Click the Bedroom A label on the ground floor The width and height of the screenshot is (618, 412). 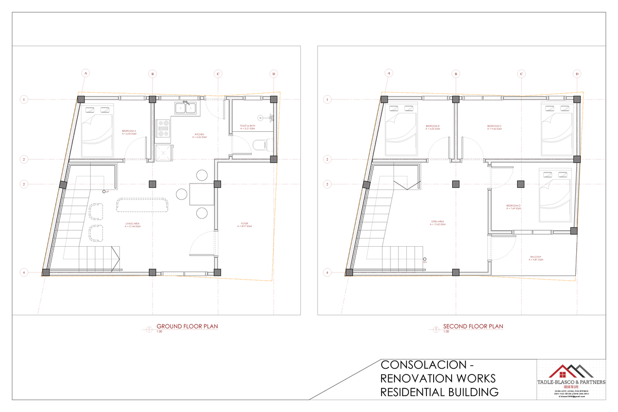tap(129, 132)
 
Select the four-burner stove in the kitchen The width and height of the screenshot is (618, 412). tap(163, 128)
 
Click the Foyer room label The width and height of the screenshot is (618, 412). tap(245, 225)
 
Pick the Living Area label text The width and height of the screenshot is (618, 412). tap(133, 225)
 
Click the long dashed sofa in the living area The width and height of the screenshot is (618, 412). tap(143, 205)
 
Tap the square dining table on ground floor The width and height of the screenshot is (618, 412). tap(201, 195)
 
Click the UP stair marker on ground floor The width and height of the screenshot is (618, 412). tap(105, 192)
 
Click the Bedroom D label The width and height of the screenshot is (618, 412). tap(513, 208)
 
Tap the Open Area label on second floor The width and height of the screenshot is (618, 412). tap(437, 223)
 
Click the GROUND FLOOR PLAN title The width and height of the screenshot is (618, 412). tap(191, 327)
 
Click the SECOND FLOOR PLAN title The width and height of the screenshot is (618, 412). tap(473, 327)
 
